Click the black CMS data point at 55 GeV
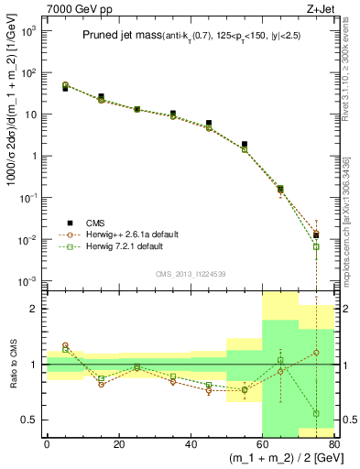pyautogui.click(x=244, y=144)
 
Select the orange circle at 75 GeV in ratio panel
pyautogui.click(x=316, y=352)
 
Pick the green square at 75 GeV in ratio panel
pyautogui.click(x=316, y=413)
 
